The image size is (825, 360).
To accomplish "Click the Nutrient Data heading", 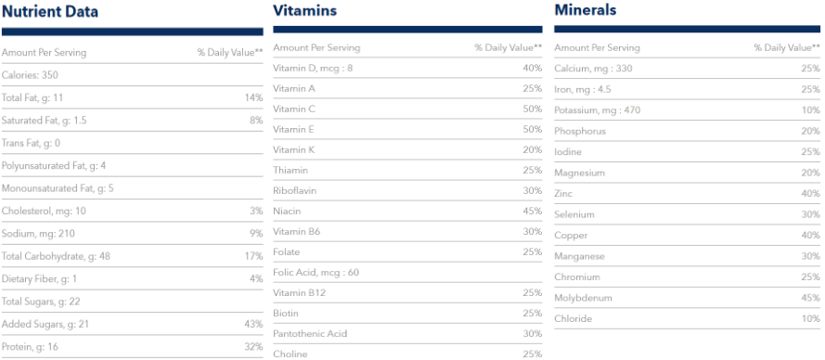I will (x=50, y=12).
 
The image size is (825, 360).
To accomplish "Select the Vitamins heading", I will (x=304, y=10).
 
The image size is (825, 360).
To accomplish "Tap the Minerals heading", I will (x=585, y=10).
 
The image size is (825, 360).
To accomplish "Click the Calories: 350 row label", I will (x=32, y=75).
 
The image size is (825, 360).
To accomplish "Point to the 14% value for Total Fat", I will (x=253, y=97).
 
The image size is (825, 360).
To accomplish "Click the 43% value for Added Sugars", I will (x=253, y=324).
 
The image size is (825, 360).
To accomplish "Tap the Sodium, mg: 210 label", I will (x=38, y=233).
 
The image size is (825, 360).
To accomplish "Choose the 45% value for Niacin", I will (x=532, y=211).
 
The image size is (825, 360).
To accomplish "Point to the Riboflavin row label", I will (x=294, y=190).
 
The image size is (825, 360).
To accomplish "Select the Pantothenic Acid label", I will (x=310, y=333).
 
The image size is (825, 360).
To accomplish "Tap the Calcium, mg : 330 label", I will (x=593, y=69).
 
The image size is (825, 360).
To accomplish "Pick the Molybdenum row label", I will (x=583, y=298).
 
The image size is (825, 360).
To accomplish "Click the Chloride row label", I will (x=573, y=319).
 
